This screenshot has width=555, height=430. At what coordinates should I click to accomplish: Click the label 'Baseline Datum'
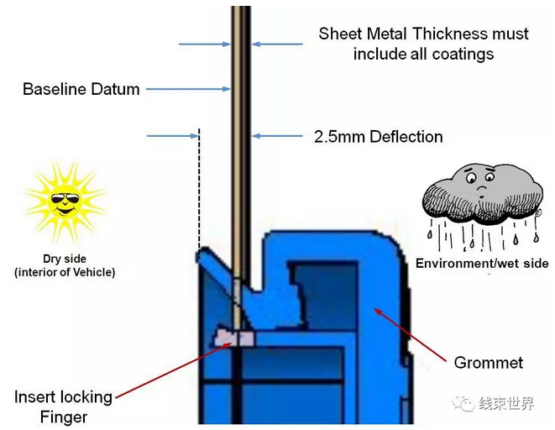coord(81,89)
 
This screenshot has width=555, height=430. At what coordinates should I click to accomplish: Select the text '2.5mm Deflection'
coord(378,136)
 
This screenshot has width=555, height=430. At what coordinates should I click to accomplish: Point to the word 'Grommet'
coord(488,363)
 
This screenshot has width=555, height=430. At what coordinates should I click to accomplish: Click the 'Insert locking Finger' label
coord(63,406)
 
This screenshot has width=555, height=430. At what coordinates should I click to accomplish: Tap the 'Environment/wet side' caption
coord(482,264)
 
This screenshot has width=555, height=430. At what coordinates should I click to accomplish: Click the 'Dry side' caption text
coord(65,260)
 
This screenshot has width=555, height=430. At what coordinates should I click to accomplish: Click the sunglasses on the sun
coord(64,200)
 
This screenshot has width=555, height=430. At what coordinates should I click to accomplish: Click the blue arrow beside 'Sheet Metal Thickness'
coord(277,44)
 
